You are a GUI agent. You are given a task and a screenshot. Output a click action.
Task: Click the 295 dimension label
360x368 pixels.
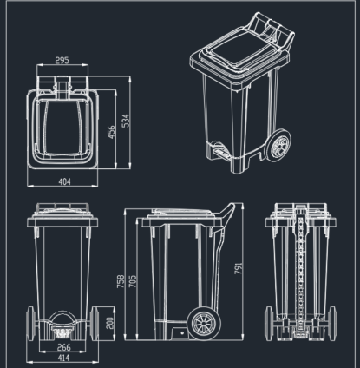click(62, 62)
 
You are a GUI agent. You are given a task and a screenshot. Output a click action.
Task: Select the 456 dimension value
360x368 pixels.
click(111, 131)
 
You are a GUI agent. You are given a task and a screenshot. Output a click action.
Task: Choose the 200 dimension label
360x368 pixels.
click(108, 322)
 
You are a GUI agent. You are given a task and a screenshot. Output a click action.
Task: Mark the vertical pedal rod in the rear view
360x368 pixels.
click(298, 269)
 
